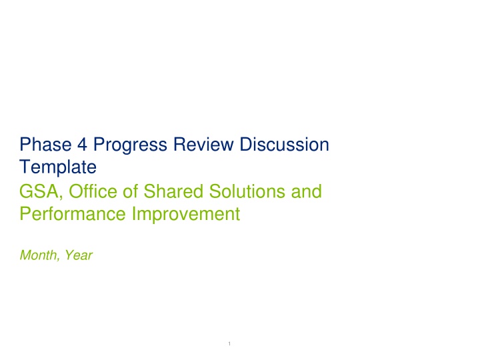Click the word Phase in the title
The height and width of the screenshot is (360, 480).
click(x=45, y=144)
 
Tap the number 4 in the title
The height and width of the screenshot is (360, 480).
click(x=82, y=145)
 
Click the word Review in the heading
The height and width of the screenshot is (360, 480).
click(x=203, y=144)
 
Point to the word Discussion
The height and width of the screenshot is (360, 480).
click(x=285, y=144)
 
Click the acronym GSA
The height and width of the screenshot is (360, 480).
click(x=39, y=191)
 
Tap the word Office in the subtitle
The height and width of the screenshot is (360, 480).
click(x=93, y=191)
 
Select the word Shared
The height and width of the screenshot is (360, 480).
click(x=173, y=191)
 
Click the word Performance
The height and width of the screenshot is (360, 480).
click(x=73, y=214)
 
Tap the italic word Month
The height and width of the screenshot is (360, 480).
click(x=39, y=255)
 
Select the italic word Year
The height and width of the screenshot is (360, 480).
click(x=79, y=255)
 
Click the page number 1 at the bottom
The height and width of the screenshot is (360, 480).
click(x=229, y=344)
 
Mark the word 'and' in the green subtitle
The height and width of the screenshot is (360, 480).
click(x=307, y=191)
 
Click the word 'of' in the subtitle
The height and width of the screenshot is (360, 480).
click(x=131, y=191)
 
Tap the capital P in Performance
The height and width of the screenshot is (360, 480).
click(x=25, y=214)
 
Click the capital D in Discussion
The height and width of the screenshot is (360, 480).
click(x=246, y=145)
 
